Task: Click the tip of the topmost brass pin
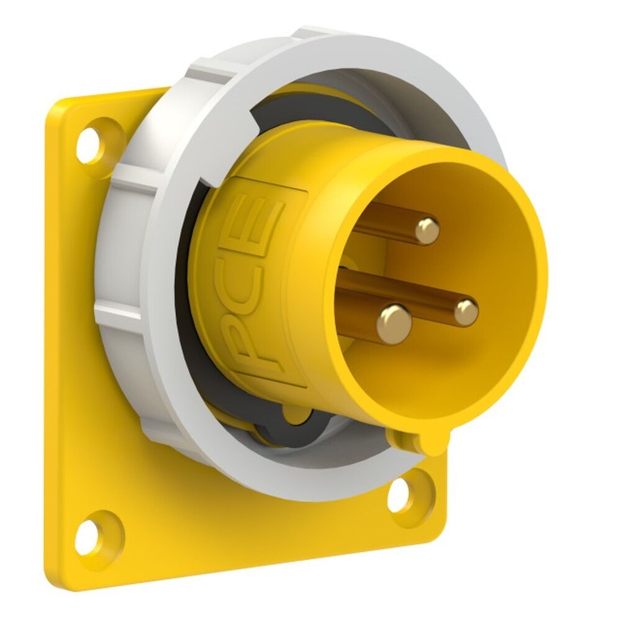[x=427, y=230]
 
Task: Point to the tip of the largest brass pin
[x=394, y=320]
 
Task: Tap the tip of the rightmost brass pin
[x=465, y=312]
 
